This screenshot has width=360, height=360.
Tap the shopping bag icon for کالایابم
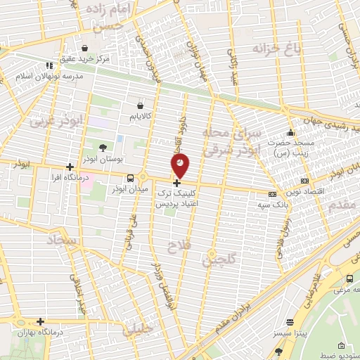141,104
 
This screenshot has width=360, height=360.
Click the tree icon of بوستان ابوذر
103,147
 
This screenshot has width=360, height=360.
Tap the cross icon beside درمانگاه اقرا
69,167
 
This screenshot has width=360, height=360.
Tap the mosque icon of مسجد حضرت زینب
290,134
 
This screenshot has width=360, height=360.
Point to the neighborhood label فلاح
179,245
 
